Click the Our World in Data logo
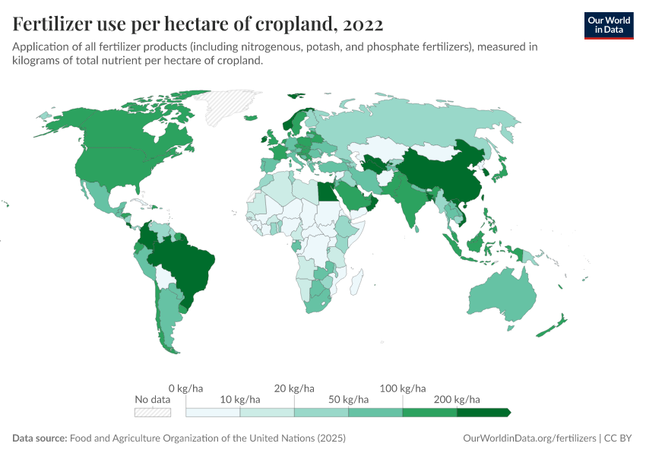click(608, 25)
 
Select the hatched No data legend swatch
click(152, 412)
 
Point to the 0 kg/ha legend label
click(185, 388)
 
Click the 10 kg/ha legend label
click(240, 399)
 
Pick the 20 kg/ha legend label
click(294, 388)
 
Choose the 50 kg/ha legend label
click(349, 399)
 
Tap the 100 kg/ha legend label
click(403, 388)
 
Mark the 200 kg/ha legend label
click(458, 399)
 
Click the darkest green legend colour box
click(483, 412)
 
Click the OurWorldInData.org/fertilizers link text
click(528, 439)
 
